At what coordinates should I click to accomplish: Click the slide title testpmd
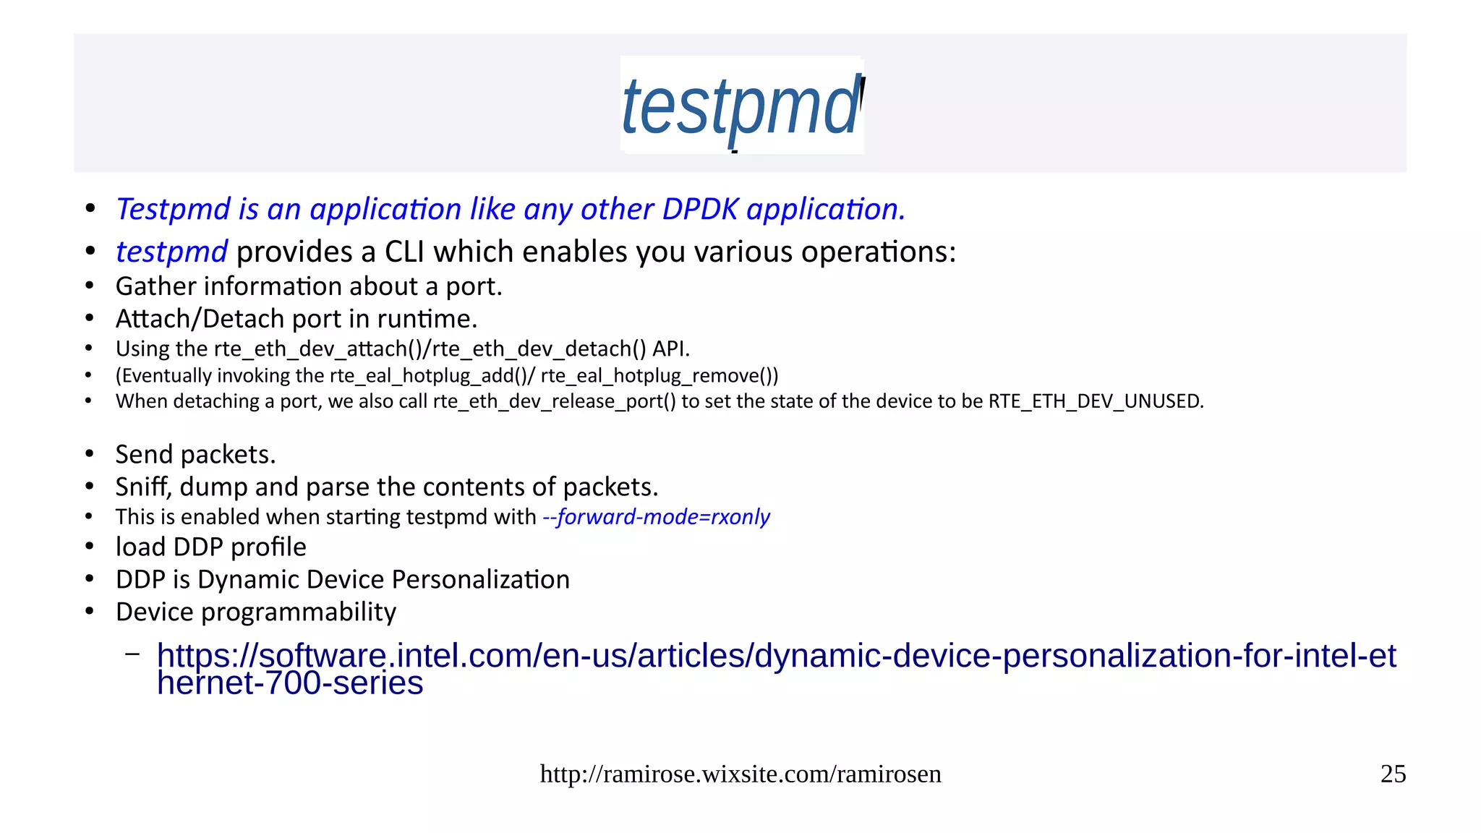coord(740,106)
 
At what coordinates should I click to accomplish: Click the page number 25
coord(1393,774)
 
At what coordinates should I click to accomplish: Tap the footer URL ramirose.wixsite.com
coord(740,774)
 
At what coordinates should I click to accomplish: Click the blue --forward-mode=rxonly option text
coord(656,517)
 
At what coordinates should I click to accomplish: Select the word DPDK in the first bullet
coord(700,210)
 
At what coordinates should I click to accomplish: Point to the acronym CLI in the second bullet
coord(405,252)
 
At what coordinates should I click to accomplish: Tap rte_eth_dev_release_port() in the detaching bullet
coord(554,401)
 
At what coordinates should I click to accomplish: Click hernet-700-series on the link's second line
coord(289,683)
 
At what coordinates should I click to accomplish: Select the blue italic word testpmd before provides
coord(172,252)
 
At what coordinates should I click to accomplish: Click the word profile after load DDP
coord(268,547)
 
